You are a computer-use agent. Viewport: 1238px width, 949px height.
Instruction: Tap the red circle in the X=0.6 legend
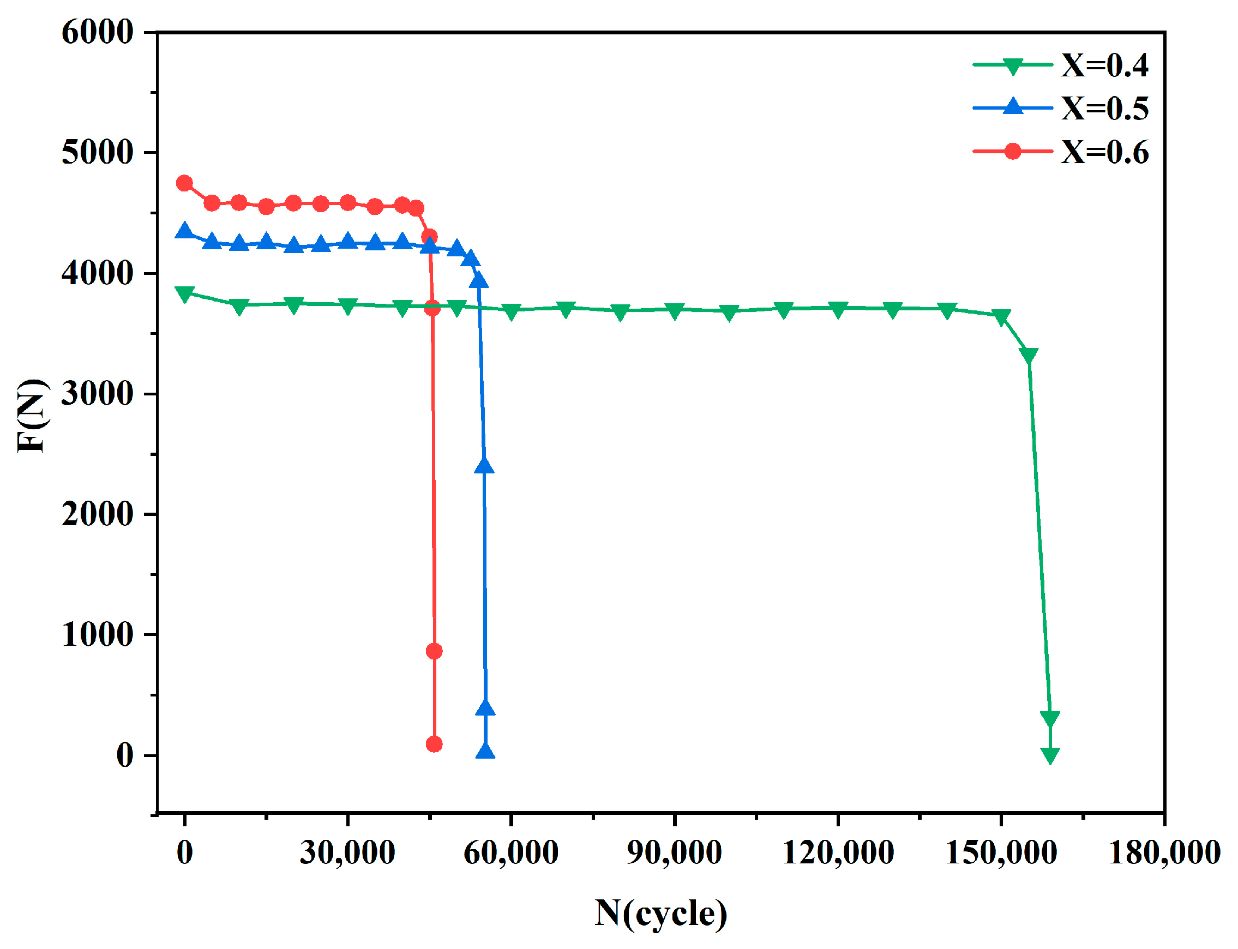[x=1013, y=152]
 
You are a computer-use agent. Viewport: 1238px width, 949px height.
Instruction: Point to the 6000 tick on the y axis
[x=97, y=32]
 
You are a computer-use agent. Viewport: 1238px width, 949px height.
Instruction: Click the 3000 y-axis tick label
[x=97, y=394]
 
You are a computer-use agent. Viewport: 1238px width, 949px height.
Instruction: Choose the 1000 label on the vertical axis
[x=97, y=634]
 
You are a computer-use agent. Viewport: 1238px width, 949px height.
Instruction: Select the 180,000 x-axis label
[x=1164, y=852]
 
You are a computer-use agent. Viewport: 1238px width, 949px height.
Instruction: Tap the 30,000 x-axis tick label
[x=347, y=852]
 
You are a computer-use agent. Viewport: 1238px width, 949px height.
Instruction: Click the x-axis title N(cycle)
[x=660, y=914]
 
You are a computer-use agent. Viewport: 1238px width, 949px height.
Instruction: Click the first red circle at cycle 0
[x=184, y=183]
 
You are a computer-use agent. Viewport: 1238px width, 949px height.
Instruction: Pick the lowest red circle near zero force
[x=434, y=744]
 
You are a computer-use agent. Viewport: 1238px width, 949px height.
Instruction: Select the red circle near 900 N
[x=434, y=651]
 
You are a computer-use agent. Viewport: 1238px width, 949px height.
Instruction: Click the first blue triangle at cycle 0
[x=184, y=231]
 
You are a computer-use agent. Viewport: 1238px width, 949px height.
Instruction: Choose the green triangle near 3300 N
[x=1029, y=355]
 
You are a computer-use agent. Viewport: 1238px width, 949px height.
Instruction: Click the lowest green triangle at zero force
[x=1050, y=755]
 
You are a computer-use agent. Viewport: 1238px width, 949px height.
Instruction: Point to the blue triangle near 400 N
[x=485, y=708]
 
